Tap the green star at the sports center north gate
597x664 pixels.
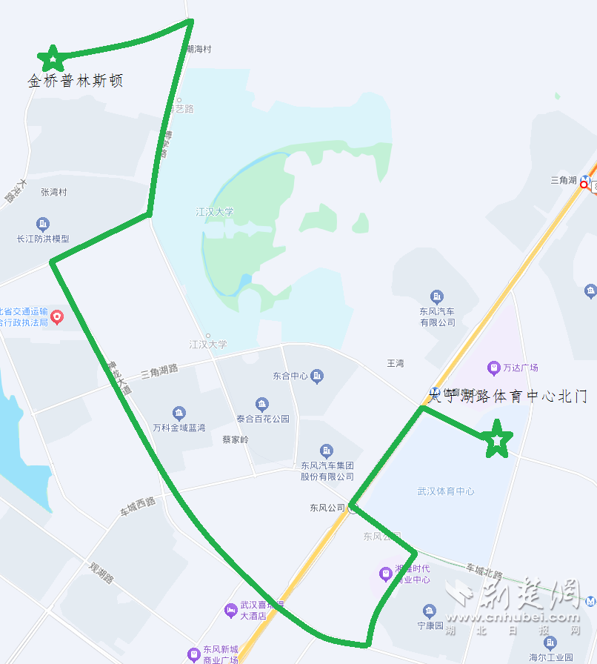click(497, 439)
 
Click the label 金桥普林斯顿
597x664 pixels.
click(76, 81)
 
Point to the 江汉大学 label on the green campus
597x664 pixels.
click(215, 212)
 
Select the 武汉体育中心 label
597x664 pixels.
click(446, 491)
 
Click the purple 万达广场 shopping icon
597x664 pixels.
click(493, 368)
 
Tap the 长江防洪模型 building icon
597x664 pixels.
click(43, 224)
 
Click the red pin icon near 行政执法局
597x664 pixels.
click(57, 317)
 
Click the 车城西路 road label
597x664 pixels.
click(138, 506)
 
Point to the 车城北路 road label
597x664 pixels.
click(484, 571)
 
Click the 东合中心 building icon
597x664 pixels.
click(317, 376)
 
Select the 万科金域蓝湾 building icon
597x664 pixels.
click(179, 413)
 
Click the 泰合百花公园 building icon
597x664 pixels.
click(262, 405)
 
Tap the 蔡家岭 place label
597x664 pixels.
click(236, 439)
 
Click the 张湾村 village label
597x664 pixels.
click(54, 192)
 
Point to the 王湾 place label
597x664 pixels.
click(396, 363)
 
